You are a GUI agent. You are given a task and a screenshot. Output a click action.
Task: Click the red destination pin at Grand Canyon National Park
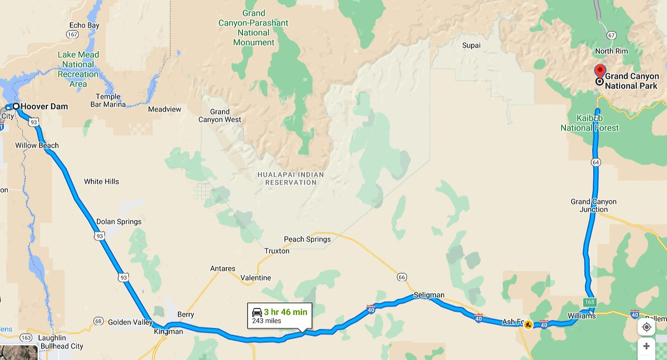point(600,70)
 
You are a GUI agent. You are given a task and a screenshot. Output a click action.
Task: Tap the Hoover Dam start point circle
point(16,106)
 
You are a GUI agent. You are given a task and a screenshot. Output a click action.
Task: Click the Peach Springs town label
point(307,239)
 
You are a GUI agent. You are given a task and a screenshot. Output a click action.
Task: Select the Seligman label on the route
point(429,295)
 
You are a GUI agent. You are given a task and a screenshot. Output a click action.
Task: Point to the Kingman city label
point(168,331)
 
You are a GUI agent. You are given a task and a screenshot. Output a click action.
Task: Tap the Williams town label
point(582,316)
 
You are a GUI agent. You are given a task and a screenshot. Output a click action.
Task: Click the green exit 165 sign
point(589,302)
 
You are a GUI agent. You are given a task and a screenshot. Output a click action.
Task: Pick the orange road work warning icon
point(528,325)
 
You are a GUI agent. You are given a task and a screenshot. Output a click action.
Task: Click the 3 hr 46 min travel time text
point(285,312)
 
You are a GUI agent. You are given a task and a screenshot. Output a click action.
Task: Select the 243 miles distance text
point(266,321)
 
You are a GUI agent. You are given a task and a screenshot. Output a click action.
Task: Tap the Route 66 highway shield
point(401,277)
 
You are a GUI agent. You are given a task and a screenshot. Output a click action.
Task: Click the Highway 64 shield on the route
point(596,163)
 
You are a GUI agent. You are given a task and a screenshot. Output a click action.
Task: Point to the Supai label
point(471,45)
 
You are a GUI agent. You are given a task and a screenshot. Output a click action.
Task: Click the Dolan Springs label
point(119,221)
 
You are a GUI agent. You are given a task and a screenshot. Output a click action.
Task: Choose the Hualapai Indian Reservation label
point(291,178)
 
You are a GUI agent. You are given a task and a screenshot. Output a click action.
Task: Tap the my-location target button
point(647,327)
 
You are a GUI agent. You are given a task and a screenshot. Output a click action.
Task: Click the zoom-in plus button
point(647,346)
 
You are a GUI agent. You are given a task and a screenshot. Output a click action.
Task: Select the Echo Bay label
point(84,25)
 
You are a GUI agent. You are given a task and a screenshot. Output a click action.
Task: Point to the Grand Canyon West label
point(219,115)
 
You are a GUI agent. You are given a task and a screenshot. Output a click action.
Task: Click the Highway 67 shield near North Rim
point(611,35)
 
